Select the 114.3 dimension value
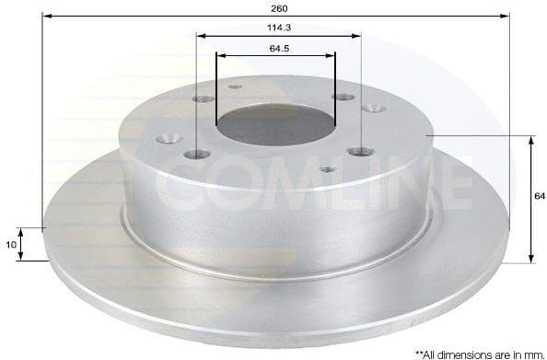click(x=279, y=29)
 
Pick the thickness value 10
click(x=9, y=244)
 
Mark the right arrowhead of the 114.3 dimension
click(x=355, y=36)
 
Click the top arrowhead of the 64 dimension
click(x=531, y=141)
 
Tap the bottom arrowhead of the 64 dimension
click(x=531, y=257)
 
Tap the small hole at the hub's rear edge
click(x=233, y=87)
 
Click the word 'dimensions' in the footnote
click(x=457, y=351)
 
